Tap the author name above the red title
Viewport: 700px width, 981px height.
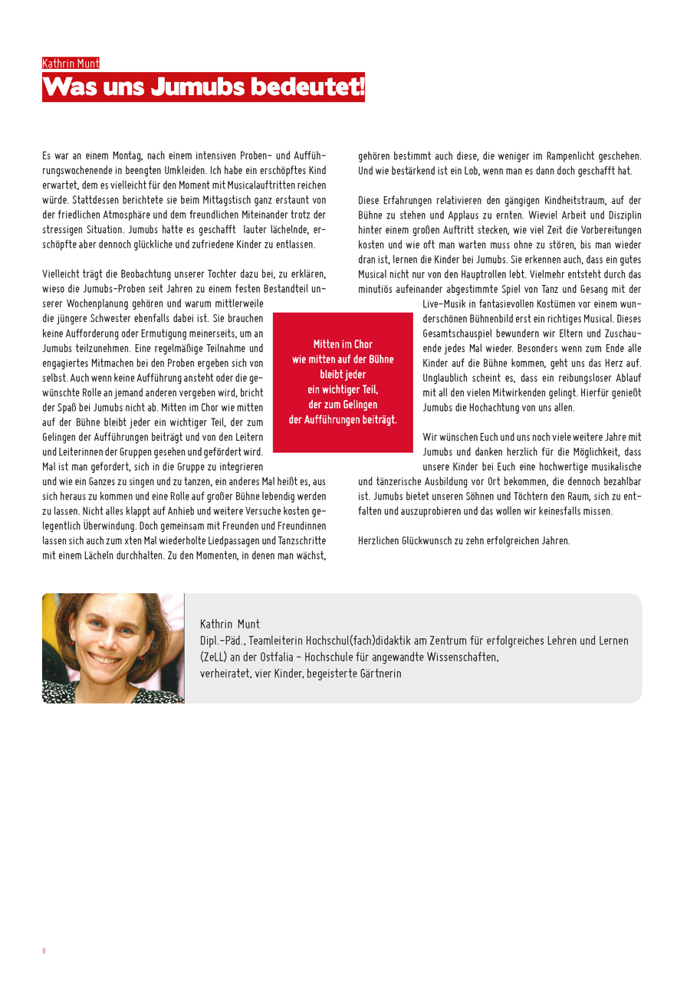pos(71,64)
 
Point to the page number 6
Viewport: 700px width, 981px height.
pos(44,951)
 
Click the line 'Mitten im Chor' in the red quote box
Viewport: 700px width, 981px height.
pos(343,344)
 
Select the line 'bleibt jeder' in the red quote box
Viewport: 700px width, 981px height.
pos(343,374)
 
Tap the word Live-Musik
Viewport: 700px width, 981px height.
pos(445,304)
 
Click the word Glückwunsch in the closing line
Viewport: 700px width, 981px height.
pos(423,540)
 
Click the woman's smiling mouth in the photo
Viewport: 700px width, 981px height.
pos(106,658)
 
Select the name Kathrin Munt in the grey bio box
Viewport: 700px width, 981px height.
pos(230,624)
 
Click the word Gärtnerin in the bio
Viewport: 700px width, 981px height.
pos(376,673)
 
